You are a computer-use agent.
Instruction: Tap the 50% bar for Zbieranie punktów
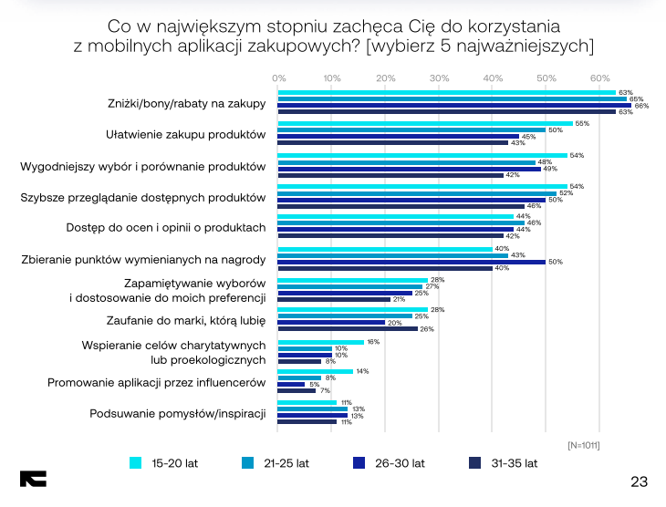[x=411, y=262]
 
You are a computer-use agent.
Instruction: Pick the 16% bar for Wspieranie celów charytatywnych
[x=320, y=342]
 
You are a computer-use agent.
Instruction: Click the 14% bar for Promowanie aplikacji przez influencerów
[x=315, y=371]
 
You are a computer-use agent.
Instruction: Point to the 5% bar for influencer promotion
[x=291, y=384]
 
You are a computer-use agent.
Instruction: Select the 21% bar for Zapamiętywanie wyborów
[x=334, y=299]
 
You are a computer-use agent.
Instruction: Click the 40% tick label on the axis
[x=493, y=78]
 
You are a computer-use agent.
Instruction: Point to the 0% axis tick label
[x=279, y=78]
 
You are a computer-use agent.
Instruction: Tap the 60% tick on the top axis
[x=599, y=78]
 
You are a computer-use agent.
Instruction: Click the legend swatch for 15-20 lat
[x=136, y=463]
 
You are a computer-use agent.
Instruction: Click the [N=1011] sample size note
[x=583, y=444]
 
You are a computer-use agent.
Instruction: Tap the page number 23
[x=639, y=481]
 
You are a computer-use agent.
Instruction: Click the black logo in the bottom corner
[x=33, y=479]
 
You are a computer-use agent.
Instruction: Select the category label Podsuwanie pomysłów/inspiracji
[x=177, y=413]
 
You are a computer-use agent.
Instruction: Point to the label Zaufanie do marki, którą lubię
[x=185, y=321]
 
